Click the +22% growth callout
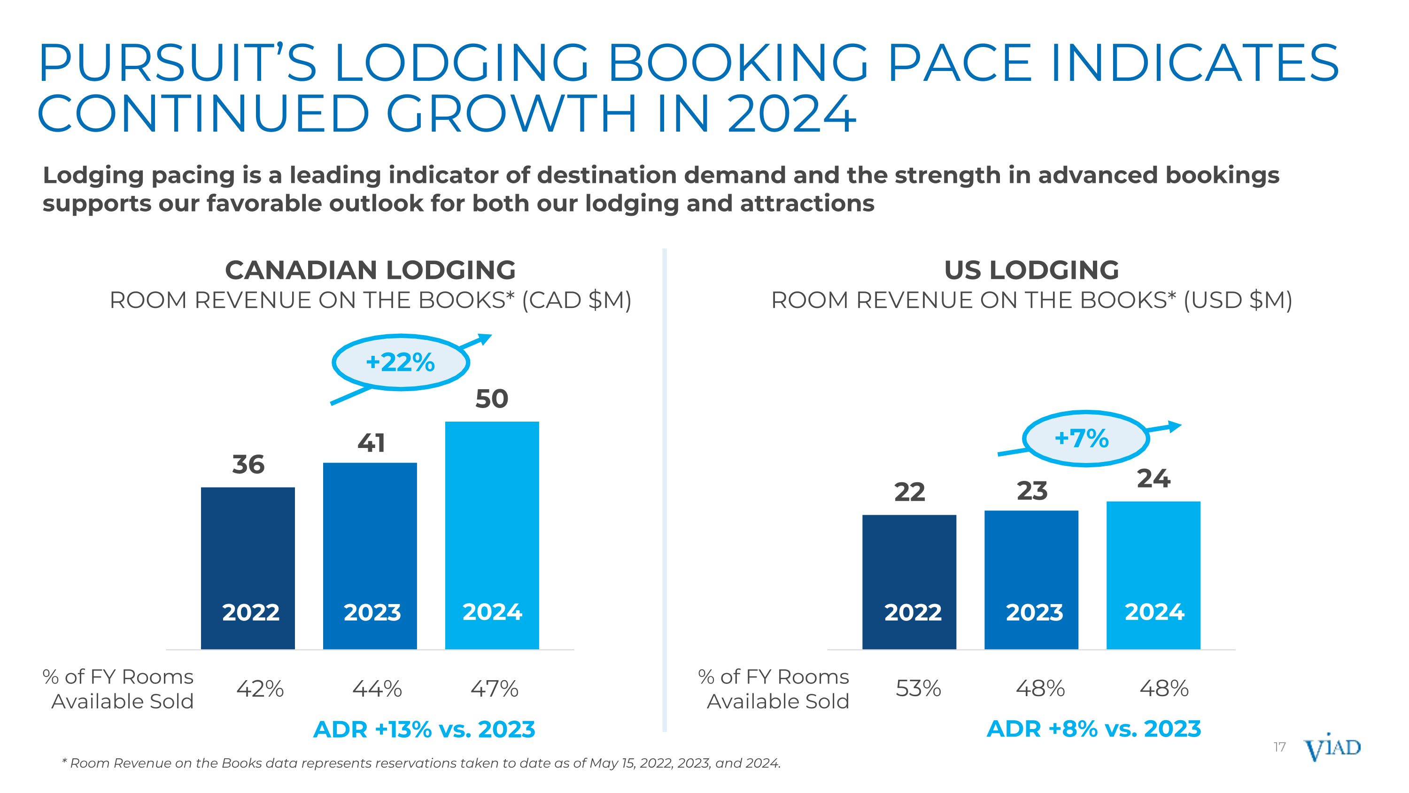click(x=400, y=362)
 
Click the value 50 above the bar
click(x=492, y=399)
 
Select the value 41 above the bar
click(x=371, y=443)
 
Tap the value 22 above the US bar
click(x=909, y=491)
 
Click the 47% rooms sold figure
click(x=495, y=689)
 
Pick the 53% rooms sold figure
click(x=918, y=689)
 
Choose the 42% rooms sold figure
click(x=260, y=689)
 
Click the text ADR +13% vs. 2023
click(x=424, y=730)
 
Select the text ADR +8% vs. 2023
click(x=1094, y=729)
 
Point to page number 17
click(x=1279, y=747)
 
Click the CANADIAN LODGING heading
click(x=370, y=270)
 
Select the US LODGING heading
click(x=1031, y=270)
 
